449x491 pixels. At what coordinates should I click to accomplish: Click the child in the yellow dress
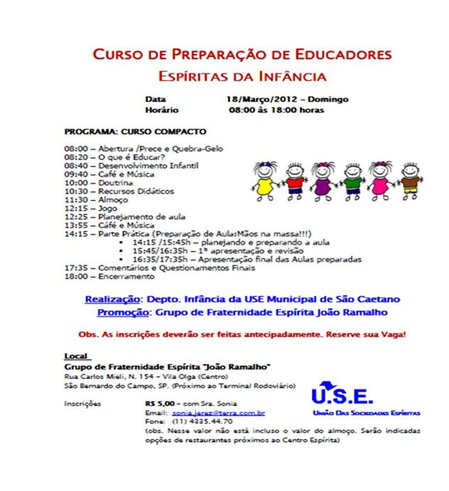pos(265,183)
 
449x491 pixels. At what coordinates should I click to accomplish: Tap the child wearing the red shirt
pos(295,183)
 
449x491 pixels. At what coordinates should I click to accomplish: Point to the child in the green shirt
pos(352,183)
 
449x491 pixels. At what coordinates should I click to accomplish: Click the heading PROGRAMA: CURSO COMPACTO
pos(135,131)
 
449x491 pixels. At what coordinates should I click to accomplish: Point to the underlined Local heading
pos(76,356)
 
